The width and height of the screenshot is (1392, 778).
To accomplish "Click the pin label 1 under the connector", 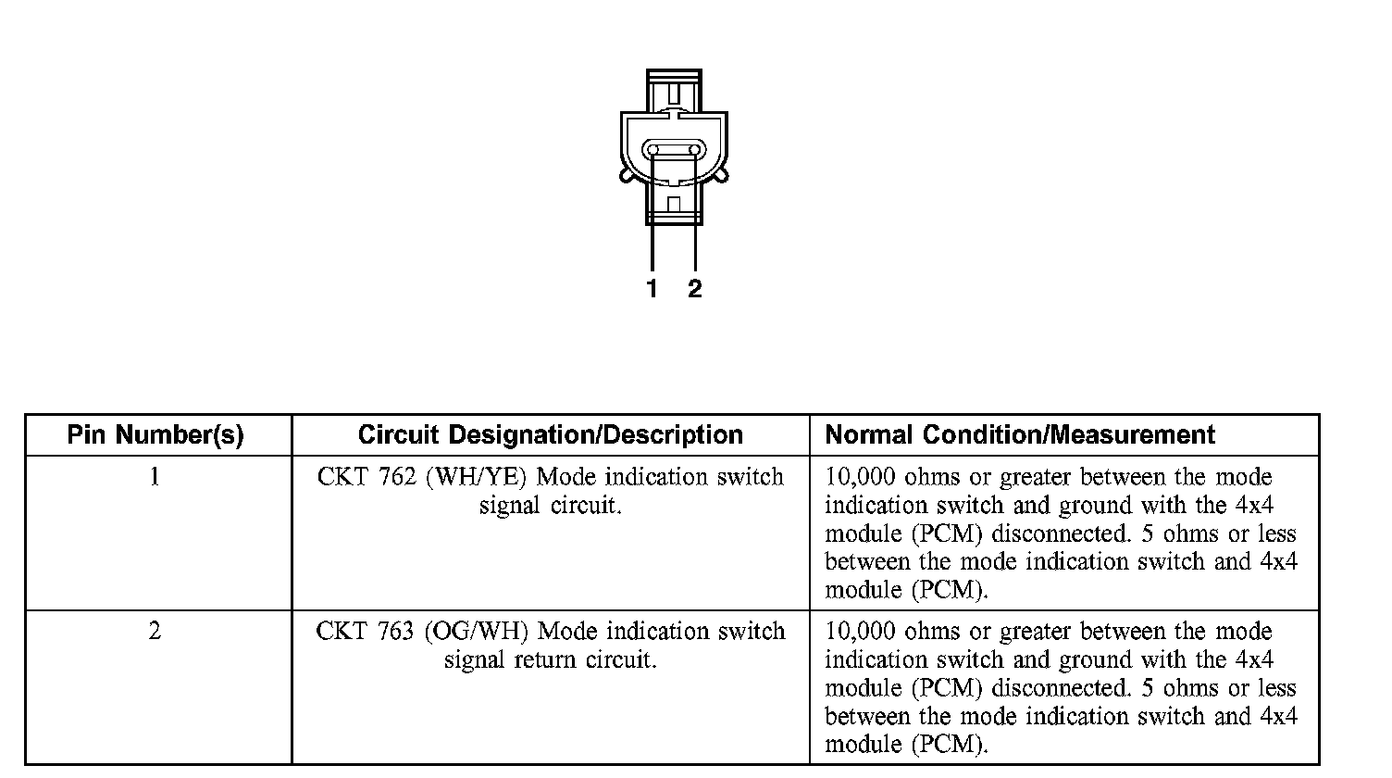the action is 652,289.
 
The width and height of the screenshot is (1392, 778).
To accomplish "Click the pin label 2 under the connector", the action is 695,289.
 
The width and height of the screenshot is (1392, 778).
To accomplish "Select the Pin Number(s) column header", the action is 155,435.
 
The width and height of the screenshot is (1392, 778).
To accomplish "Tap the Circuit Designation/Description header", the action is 550,435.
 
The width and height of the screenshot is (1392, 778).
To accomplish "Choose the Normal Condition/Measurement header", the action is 1020,435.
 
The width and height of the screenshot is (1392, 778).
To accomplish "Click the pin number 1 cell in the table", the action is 155,477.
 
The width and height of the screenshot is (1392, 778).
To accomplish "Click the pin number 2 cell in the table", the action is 155,632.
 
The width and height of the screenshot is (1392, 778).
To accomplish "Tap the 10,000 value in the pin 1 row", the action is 860,478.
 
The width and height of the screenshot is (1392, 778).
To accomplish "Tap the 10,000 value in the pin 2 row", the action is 860,633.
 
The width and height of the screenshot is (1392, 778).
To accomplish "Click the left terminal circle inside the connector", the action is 653,150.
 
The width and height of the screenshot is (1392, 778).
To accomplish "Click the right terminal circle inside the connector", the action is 694,150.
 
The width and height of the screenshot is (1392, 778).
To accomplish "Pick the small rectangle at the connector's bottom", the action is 674,204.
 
